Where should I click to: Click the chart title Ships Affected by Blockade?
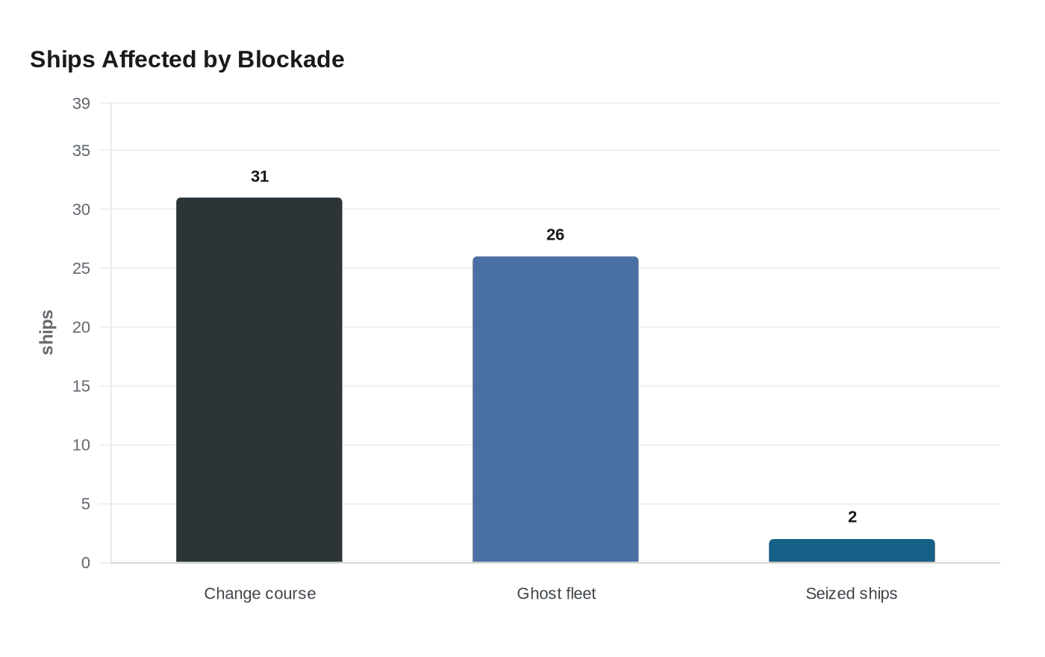click(x=187, y=59)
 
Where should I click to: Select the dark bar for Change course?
click(x=259, y=380)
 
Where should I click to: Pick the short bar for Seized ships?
click(x=852, y=551)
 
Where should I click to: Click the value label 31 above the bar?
click(x=260, y=176)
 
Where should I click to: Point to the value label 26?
click(x=555, y=234)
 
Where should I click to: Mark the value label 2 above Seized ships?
click(x=852, y=517)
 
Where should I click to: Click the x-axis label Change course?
click(x=260, y=594)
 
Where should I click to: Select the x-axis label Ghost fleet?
click(x=556, y=594)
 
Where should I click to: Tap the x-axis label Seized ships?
click(x=852, y=594)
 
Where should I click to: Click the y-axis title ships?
click(x=47, y=332)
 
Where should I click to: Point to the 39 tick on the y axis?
click(x=81, y=104)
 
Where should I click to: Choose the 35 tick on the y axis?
click(x=81, y=151)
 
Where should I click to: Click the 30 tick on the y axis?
click(x=81, y=210)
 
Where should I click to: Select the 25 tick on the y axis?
click(x=81, y=269)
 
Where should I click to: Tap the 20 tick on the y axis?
click(x=81, y=328)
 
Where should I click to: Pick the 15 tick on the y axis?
click(x=81, y=387)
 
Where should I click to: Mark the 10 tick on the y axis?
click(x=81, y=446)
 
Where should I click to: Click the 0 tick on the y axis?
click(x=86, y=563)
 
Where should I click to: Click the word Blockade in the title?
click(x=291, y=59)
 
